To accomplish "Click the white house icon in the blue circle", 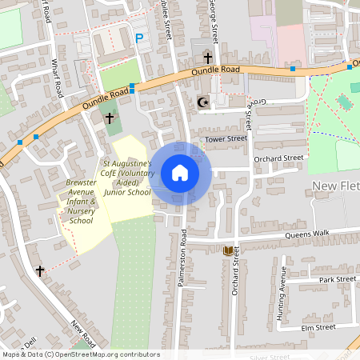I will (x=180, y=173).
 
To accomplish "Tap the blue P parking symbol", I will (x=139, y=38).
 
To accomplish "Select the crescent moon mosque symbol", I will (x=202, y=102).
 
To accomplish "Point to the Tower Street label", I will (x=226, y=139).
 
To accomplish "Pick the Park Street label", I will (x=337, y=280).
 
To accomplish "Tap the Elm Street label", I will (x=318, y=327).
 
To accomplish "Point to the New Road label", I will (x=82, y=334).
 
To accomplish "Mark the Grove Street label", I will (x=250, y=114).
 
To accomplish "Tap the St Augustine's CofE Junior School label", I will (x=126, y=178).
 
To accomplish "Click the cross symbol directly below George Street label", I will (x=208, y=58).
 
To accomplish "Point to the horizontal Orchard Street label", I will (x=279, y=158).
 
